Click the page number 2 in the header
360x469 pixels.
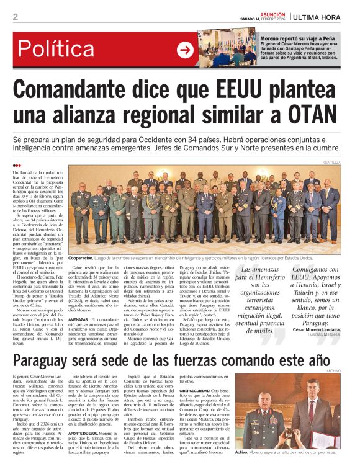[x=15, y=17]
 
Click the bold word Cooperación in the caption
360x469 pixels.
[x=86, y=257]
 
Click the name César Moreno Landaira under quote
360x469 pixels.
[x=327, y=329]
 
